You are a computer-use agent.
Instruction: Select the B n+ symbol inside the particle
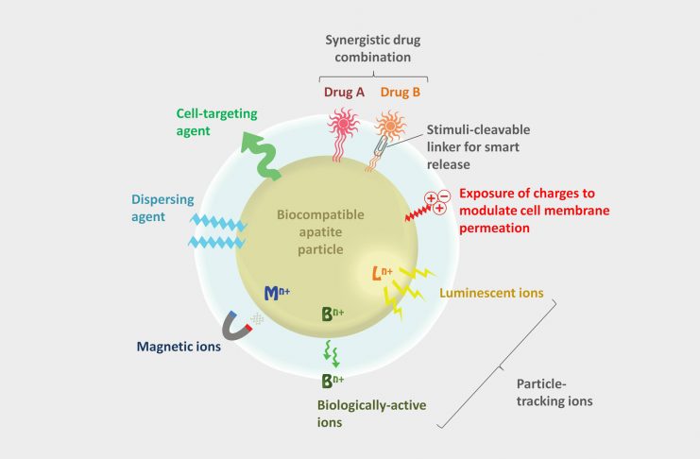pos(332,313)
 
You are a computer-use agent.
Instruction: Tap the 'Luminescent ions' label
pos(491,293)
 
